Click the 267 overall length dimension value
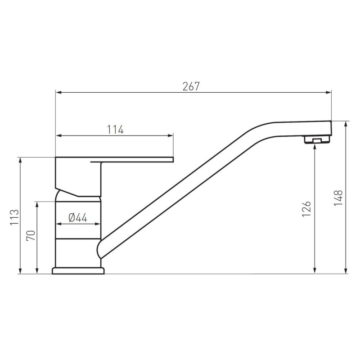(191, 86)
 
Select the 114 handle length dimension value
(115, 130)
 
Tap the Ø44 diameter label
(78, 217)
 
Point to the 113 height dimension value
(14, 217)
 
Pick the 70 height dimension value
(31, 235)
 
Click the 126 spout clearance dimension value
(306, 209)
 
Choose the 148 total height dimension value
(338, 198)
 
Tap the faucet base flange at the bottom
(78, 271)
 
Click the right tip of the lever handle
(173, 160)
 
